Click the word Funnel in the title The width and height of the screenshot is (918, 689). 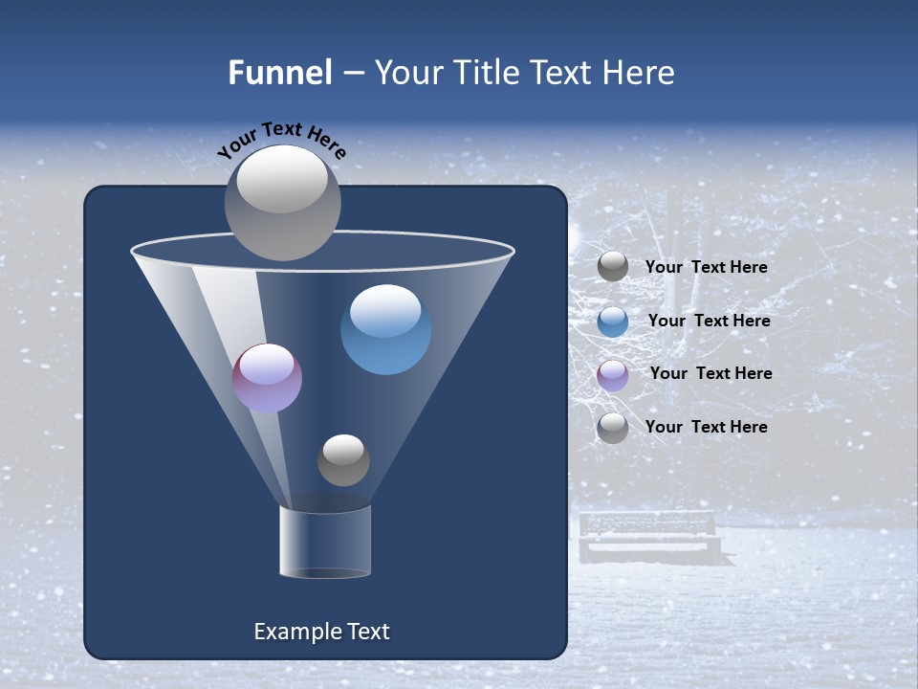tap(279, 73)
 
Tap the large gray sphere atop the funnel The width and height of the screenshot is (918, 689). tap(283, 202)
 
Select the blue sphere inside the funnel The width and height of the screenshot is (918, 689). tap(385, 330)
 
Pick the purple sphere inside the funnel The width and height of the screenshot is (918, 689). tap(267, 378)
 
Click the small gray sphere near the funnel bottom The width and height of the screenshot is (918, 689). tap(343, 459)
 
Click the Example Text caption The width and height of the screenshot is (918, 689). tap(321, 632)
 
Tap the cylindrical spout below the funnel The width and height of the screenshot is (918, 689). tap(325, 542)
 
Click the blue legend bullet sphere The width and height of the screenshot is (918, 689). tap(613, 322)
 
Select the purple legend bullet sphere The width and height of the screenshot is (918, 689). tap(613, 375)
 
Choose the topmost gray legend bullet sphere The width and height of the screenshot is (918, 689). tap(613, 267)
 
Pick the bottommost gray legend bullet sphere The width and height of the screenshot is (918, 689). tap(613, 428)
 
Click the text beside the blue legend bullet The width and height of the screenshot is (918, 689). tap(709, 321)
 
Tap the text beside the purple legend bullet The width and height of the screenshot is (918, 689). tap(710, 373)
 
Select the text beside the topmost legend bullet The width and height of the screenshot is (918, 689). tap(706, 267)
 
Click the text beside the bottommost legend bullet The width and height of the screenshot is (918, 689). tap(706, 427)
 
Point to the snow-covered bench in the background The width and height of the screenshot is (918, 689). tap(649, 535)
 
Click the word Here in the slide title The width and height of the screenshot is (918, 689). tap(637, 73)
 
